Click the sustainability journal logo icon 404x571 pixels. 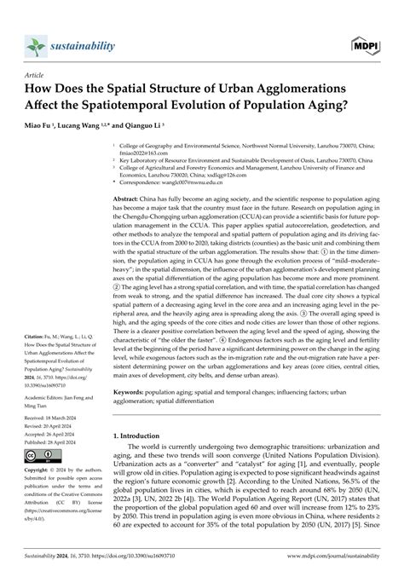click(x=35, y=43)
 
